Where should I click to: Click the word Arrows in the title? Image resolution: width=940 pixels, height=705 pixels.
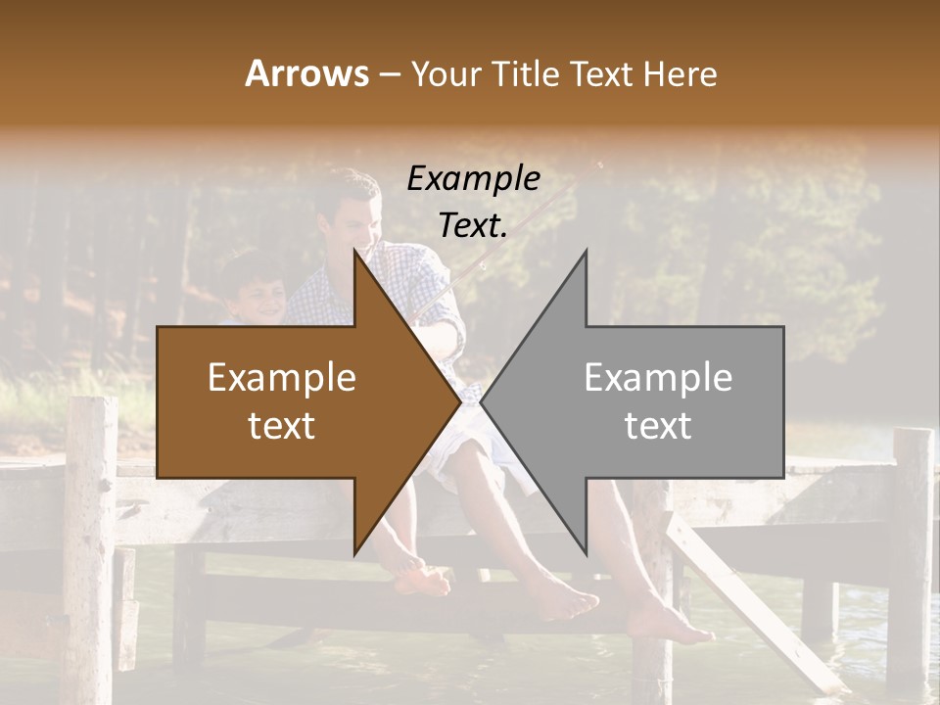(306, 73)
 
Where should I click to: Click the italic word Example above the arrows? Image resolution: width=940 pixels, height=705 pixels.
(473, 179)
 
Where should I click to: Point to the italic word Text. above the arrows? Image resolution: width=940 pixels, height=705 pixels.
(473, 226)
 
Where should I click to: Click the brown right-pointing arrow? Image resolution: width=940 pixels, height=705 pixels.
(294, 402)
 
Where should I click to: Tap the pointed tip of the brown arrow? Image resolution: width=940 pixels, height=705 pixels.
(459, 402)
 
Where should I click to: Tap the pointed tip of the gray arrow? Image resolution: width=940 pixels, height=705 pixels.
(483, 402)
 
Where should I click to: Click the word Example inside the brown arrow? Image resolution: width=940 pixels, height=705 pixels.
(282, 378)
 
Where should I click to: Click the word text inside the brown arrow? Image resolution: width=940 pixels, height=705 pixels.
(282, 426)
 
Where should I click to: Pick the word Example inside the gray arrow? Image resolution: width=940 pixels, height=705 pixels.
(658, 378)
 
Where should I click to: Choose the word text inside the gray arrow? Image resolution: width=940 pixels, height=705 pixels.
(658, 426)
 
